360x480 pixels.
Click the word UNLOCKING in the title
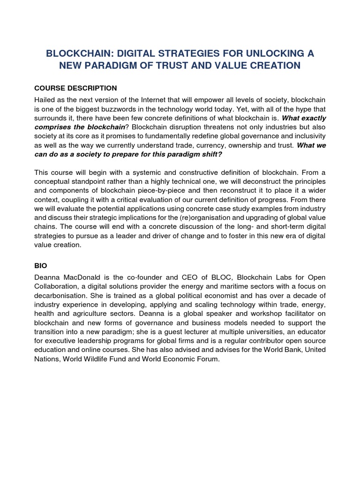click(272, 54)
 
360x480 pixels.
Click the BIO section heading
click(41, 265)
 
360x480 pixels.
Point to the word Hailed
click(45, 100)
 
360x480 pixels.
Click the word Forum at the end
click(208, 360)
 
